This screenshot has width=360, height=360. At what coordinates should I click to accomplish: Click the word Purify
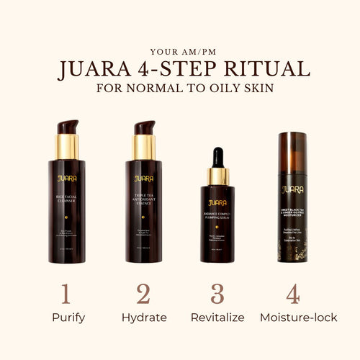click(x=66, y=318)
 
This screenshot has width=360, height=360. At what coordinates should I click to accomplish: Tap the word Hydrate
click(x=144, y=318)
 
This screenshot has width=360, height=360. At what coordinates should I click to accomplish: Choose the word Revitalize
click(x=217, y=318)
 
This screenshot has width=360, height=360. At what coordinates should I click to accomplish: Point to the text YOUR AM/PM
click(x=180, y=51)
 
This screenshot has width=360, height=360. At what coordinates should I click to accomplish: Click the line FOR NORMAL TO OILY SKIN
click(x=180, y=89)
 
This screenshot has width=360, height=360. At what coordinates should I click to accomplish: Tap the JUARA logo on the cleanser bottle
click(x=66, y=178)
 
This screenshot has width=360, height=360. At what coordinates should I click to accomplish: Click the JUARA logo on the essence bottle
click(x=144, y=178)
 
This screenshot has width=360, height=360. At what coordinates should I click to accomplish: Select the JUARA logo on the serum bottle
click(x=217, y=203)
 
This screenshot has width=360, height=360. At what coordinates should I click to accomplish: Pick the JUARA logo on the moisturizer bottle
click(x=293, y=190)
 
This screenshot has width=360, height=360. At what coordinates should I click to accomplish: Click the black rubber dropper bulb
click(x=217, y=158)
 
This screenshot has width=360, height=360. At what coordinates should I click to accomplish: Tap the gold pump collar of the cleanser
click(x=67, y=147)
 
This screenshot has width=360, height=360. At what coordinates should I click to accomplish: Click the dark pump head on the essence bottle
click(x=143, y=127)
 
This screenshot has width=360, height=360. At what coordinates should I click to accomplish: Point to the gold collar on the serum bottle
click(x=217, y=176)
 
